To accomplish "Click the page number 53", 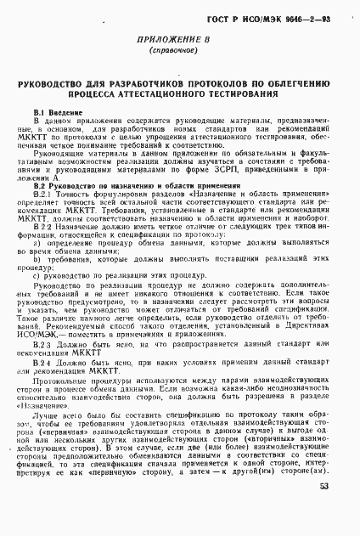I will (x=323, y=511).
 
